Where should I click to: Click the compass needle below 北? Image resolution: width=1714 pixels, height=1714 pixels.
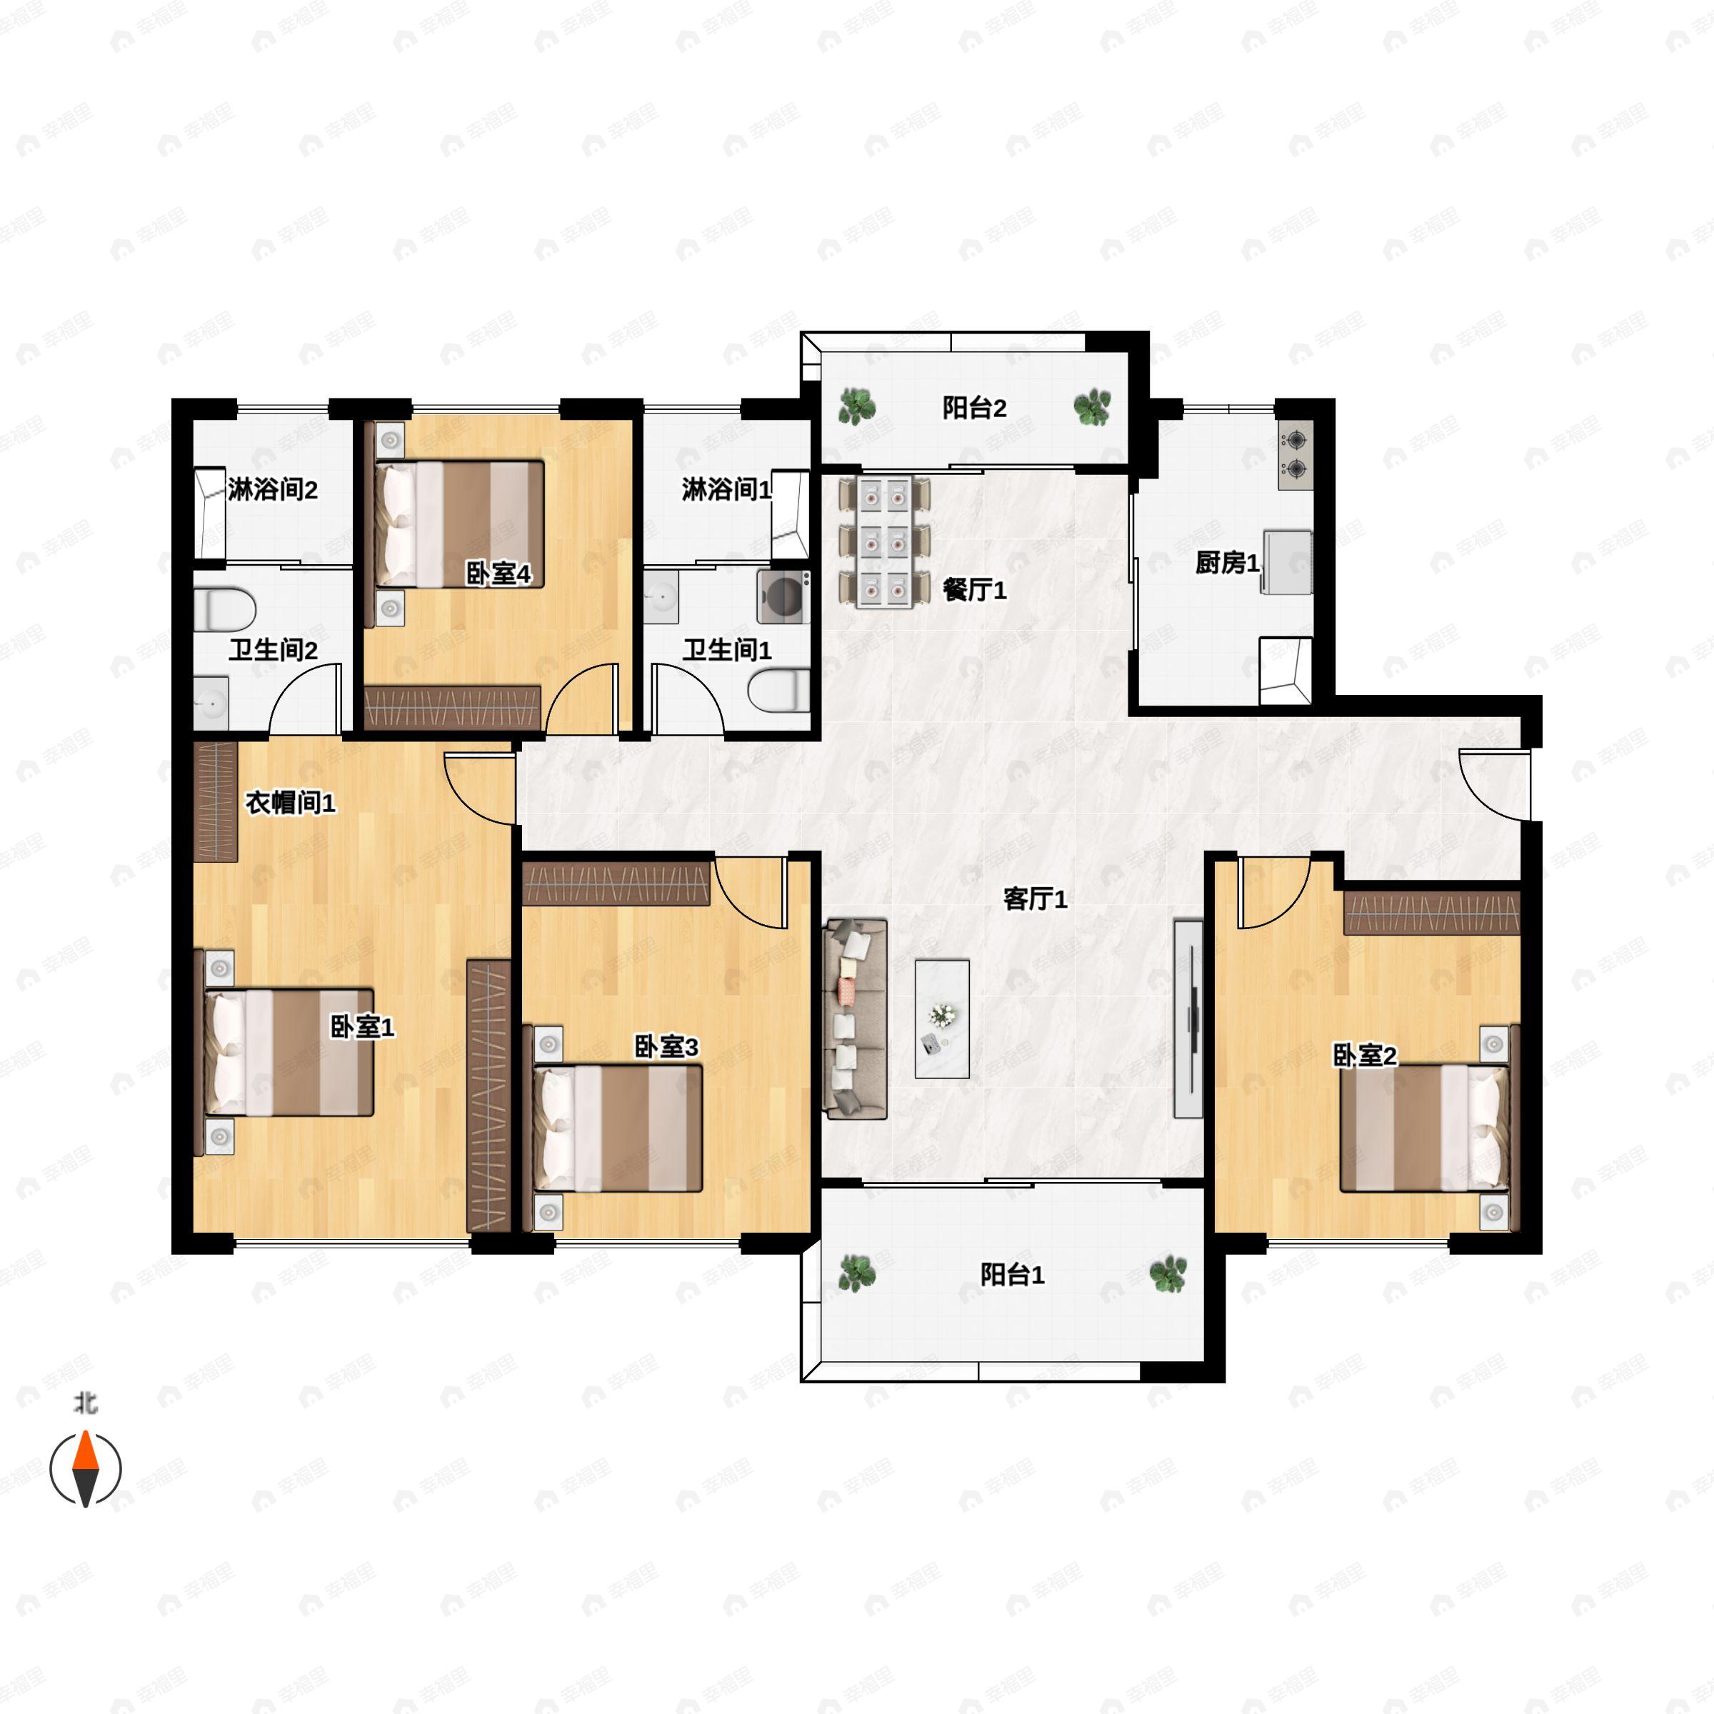pyautogui.click(x=85, y=1468)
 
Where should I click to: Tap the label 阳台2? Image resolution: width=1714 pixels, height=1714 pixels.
pyautogui.click(x=974, y=408)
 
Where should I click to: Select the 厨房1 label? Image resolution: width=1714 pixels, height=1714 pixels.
pyautogui.click(x=1227, y=563)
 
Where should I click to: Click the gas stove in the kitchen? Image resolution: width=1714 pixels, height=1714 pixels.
pyautogui.click(x=1295, y=454)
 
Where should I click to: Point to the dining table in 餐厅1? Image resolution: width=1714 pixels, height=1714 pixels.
pyautogui.click(x=885, y=542)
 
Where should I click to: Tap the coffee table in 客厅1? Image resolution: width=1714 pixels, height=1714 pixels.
pyautogui.click(x=942, y=1018)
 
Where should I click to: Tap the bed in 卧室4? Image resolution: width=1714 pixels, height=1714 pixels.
pyautogui.click(x=459, y=523)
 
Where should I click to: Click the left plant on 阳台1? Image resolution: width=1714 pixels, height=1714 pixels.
pyautogui.click(x=857, y=1274)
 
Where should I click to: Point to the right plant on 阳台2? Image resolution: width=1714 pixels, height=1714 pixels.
pyautogui.click(x=1091, y=406)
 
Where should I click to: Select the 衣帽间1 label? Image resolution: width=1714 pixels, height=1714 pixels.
pyautogui.click(x=290, y=803)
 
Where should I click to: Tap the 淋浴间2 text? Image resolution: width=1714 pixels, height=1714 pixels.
pyautogui.click(x=272, y=490)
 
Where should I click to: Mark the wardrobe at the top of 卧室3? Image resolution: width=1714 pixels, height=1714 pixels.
pyautogui.click(x=616, y=882)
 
